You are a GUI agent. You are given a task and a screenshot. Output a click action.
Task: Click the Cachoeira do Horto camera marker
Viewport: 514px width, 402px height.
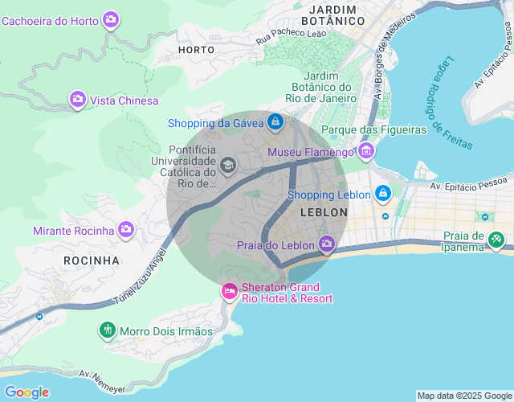112,19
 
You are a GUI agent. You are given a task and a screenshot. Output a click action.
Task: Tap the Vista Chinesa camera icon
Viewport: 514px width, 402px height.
78,100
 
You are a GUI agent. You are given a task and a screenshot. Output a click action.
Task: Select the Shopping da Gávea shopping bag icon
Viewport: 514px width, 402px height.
275,121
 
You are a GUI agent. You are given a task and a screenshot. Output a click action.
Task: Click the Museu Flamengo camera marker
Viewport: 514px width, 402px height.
366,150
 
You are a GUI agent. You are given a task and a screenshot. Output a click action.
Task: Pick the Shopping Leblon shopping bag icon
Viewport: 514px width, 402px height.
383,194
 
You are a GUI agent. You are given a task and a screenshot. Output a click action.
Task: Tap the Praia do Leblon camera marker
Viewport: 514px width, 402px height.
327,244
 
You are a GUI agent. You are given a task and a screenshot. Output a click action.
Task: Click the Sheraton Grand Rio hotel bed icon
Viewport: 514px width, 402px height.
229,291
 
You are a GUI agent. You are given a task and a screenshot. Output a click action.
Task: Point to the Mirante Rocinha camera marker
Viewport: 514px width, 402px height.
126,230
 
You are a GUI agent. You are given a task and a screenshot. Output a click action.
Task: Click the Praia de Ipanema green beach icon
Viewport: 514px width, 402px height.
497,239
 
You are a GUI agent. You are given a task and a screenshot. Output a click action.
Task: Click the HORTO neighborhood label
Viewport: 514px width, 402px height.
196,50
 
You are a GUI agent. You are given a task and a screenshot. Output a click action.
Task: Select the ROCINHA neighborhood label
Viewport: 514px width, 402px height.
92,260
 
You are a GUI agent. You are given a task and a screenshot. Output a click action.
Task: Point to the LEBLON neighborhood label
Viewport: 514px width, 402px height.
323,212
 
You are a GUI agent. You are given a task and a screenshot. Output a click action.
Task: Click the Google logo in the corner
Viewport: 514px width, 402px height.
27,392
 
